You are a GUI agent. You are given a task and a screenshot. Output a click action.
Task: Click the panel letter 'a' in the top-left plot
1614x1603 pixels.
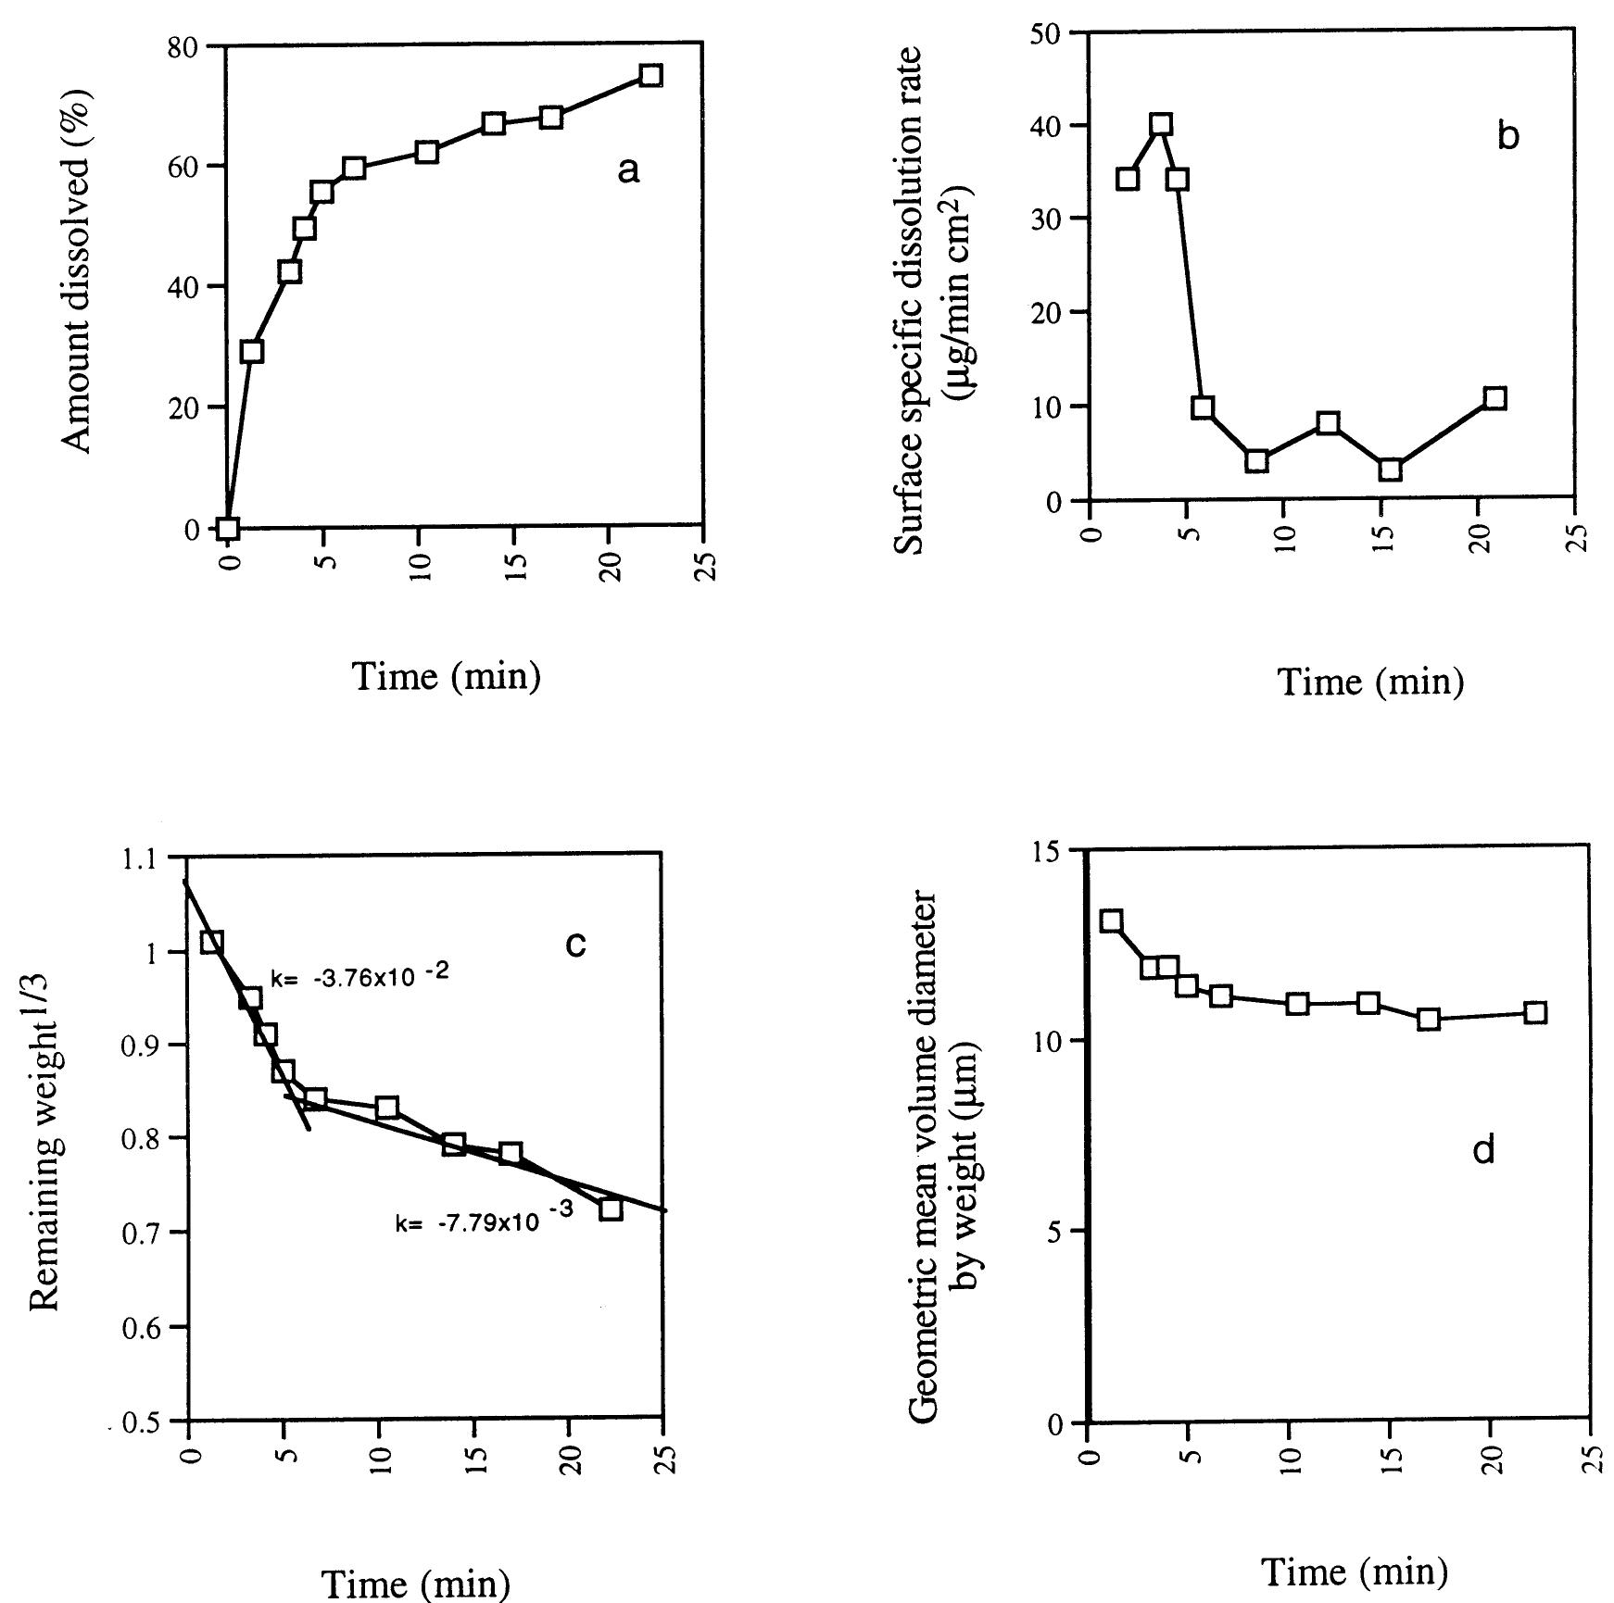(628, 170)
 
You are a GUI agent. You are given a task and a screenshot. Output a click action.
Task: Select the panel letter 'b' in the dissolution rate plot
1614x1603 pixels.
(1507, 137)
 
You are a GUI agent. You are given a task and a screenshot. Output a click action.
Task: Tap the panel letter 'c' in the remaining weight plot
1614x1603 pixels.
(575, 944)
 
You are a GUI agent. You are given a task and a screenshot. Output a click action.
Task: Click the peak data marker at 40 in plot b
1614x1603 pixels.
(1161, 125)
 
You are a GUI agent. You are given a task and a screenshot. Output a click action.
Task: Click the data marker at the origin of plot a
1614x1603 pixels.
(228, 528)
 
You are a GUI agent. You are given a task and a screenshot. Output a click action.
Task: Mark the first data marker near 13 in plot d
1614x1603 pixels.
(1112, 920)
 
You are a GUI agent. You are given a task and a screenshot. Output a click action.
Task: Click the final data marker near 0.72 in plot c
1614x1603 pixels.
(610, 1209)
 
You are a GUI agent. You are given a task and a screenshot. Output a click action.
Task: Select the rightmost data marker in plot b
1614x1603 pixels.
(1494, 398)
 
